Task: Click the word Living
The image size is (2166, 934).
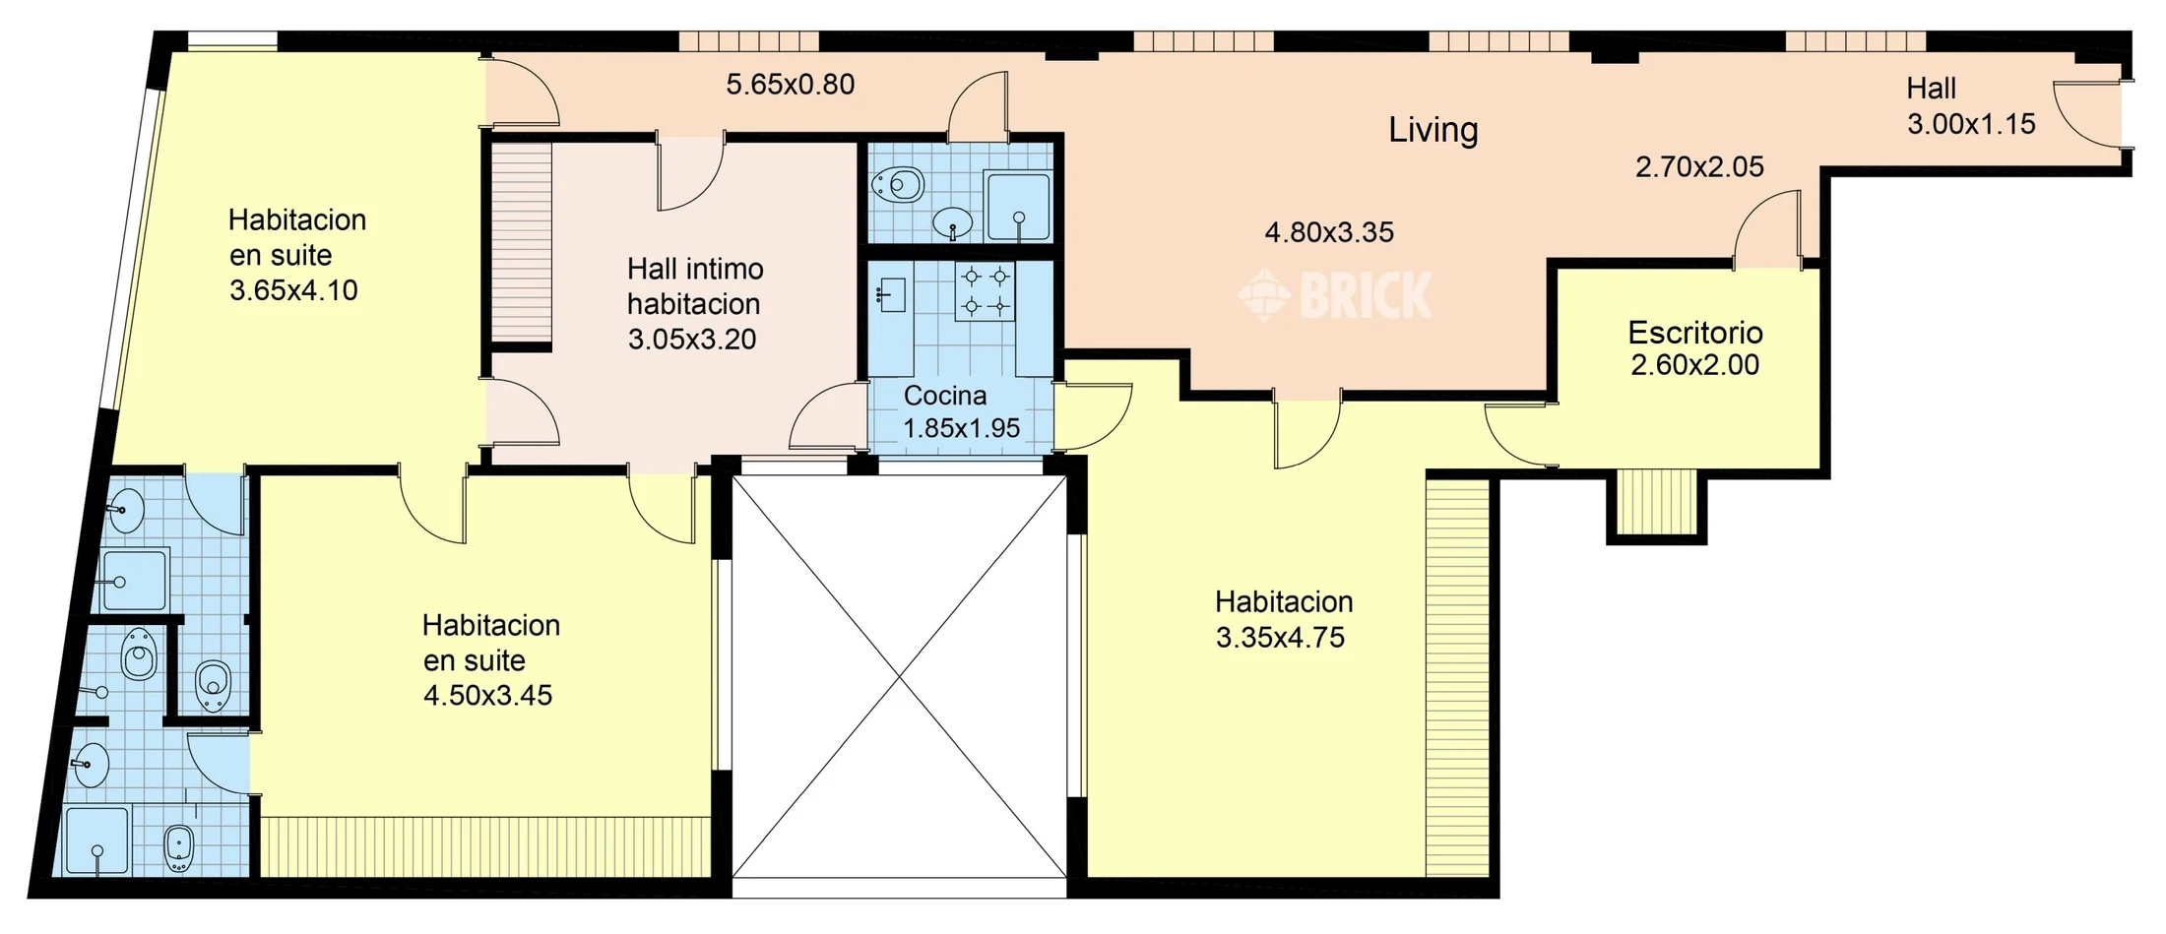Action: pos(1433,131)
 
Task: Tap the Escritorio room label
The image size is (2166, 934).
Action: pos(1694,333)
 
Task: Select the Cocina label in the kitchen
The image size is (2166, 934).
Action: pos(945,396)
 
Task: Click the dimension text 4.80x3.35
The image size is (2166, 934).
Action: pos(1329,232)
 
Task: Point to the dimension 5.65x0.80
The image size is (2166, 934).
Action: pos(791,85)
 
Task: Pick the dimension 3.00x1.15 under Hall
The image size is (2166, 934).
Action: pos(1971,124)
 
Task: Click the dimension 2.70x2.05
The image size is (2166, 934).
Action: pos(1699,167)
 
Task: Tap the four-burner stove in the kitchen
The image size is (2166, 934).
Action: pos(985,291)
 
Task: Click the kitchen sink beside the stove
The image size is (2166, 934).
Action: pos(892,294)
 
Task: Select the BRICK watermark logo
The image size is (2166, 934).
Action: pos(1335,295)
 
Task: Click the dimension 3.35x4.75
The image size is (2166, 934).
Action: pos(1280,638)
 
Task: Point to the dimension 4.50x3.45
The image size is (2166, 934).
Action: pos(488,696)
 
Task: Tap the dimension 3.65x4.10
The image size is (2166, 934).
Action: pos(293,290)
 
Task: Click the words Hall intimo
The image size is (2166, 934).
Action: pos(695,269)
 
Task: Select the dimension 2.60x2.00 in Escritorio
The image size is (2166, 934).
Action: pos(1694,365)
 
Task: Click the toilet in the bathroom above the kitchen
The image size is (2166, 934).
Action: pos(899,184)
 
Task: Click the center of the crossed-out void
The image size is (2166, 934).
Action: pos(899,677)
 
